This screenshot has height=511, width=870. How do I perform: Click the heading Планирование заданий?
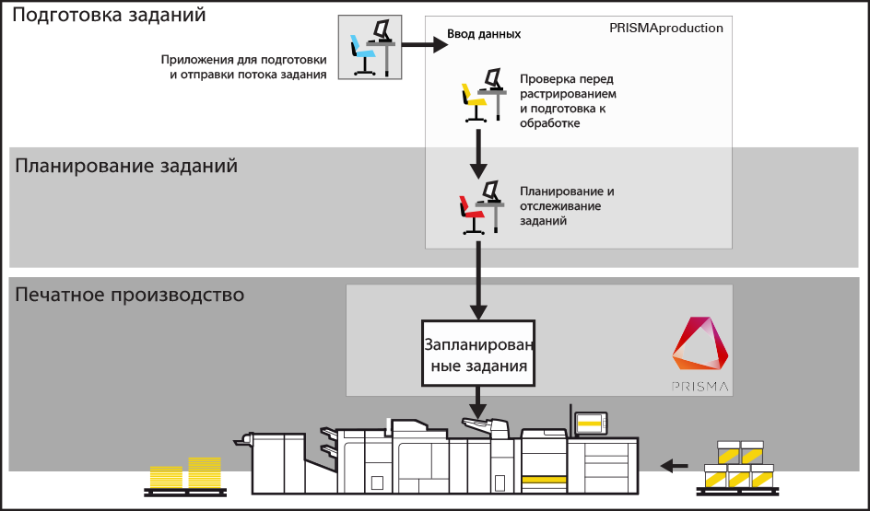pos(126,167)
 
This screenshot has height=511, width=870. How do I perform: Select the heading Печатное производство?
pos(129,296)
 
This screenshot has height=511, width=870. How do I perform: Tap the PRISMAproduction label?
pos(665,29)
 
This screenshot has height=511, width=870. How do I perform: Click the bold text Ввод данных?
pos(484,34)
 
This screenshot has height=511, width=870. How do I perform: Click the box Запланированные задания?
pos(476,354)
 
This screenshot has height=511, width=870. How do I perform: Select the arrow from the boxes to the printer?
pos(676,465)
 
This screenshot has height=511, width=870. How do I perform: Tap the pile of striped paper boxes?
pos(738,464)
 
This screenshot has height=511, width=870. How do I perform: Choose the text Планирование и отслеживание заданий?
pos(566,206)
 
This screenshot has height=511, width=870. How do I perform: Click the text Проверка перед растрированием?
pos(567,87)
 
